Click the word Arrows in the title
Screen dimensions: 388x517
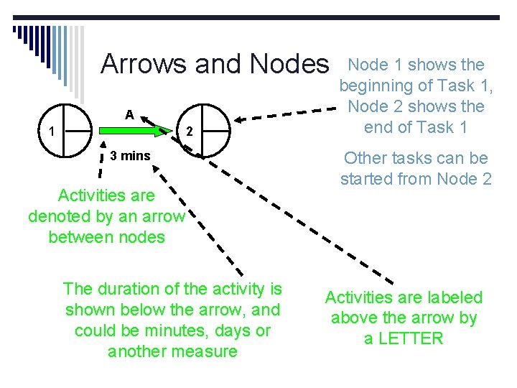coord(143,64)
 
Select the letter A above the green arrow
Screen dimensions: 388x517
coord(129,114)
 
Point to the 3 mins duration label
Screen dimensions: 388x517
coord(131,155)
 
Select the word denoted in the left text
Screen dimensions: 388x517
coord(57,216)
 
